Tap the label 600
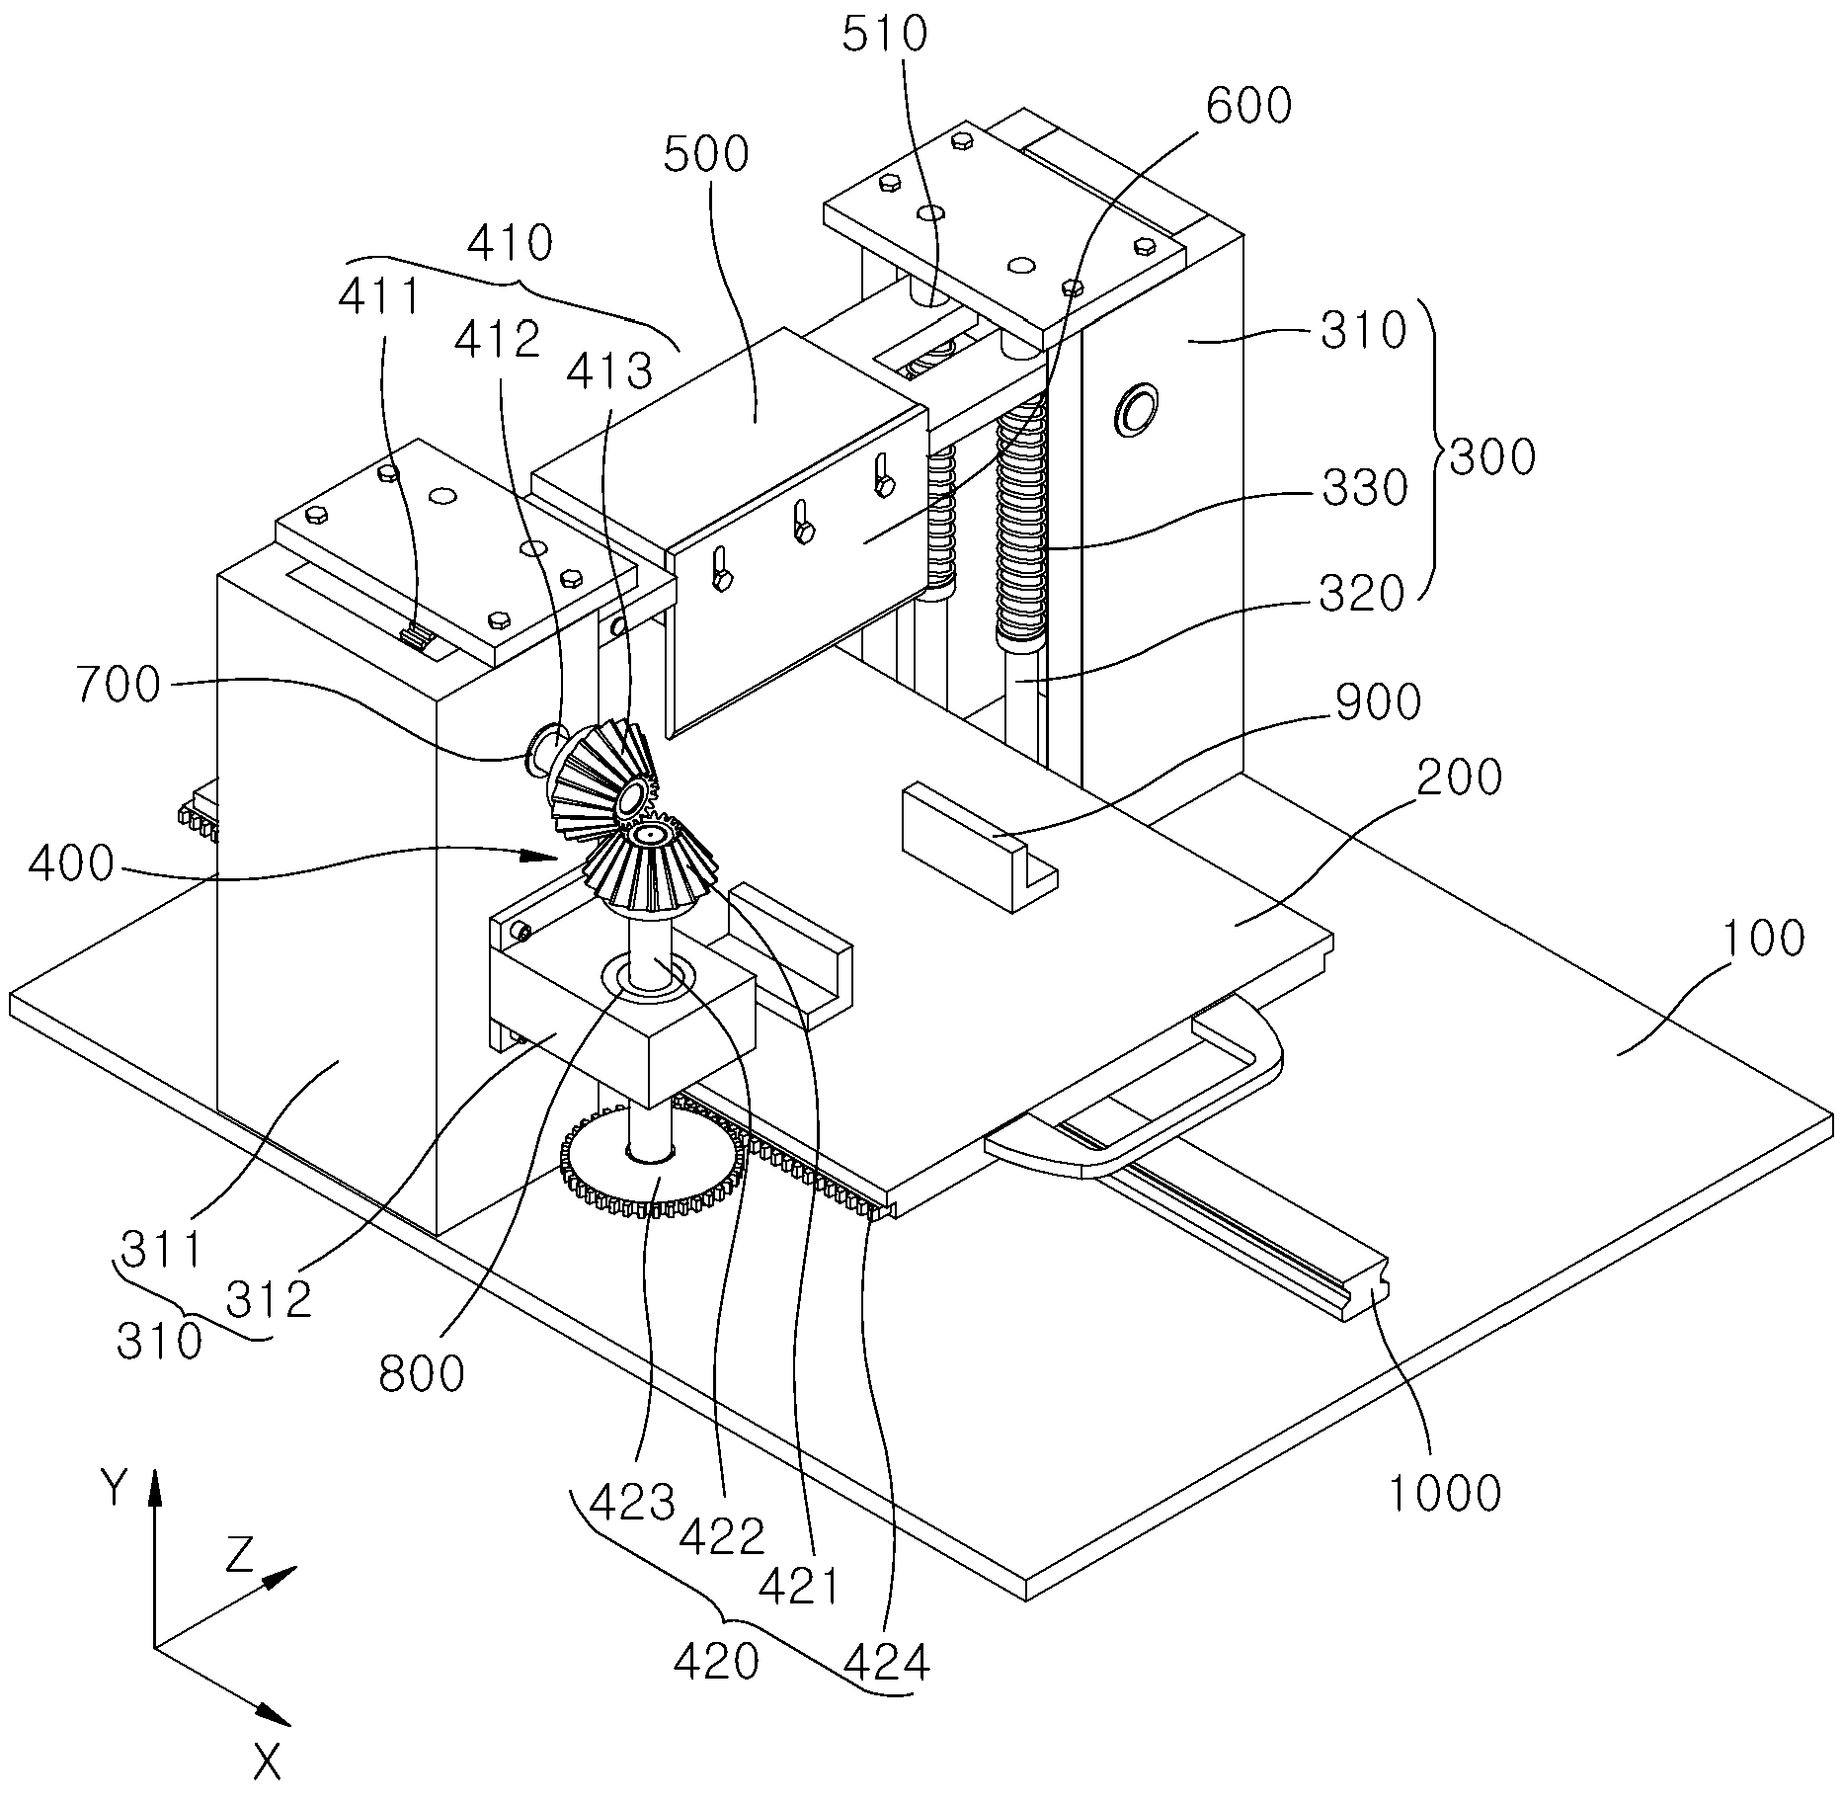(1248, 106)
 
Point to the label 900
(1378, 702)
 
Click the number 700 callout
(118, 685)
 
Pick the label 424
(887, 1665)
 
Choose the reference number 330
(1364, 488)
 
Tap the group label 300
(1492, 459)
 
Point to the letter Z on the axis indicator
(241, 1557)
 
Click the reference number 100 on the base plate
(1764, 938)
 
